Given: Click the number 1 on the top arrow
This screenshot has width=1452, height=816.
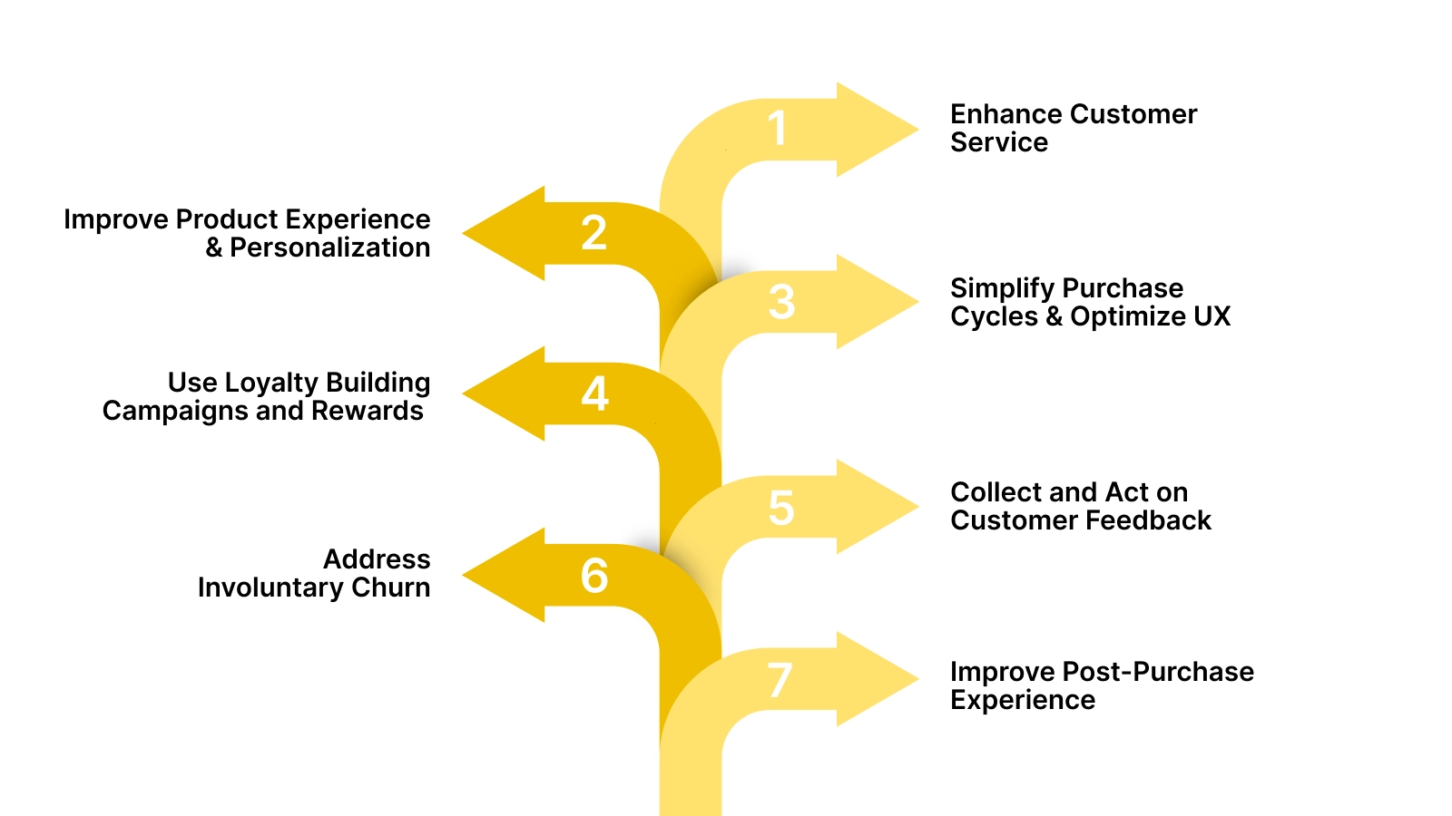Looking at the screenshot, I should pos(777,129).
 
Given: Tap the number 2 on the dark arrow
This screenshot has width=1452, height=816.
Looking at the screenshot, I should pos(594,234).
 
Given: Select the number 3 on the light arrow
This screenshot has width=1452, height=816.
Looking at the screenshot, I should pos(781,302).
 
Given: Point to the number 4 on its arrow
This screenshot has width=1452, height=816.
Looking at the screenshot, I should pos(594,394).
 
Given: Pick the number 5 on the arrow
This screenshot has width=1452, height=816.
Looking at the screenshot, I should pos(781,508).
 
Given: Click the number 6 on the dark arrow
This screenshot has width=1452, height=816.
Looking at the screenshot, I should pos(594,576).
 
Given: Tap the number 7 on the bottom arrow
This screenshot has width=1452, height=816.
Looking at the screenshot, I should pos(780,680).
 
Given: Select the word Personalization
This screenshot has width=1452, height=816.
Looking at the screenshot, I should pos(329,248).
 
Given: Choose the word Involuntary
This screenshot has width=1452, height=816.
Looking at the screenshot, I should pos(270,588).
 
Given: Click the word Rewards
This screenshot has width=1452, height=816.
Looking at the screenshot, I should pos(367,411).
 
